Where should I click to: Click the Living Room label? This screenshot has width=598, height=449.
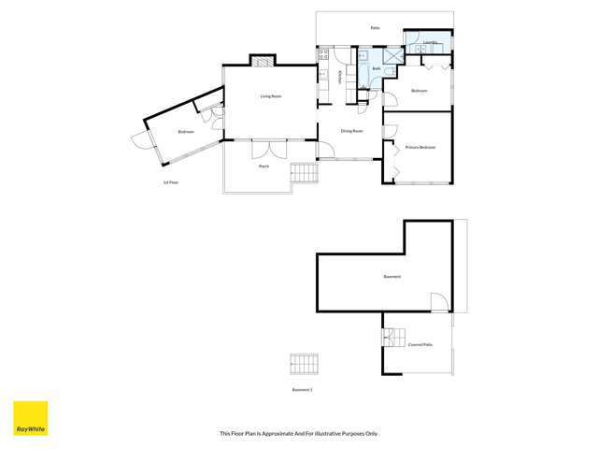[x=271, y=96]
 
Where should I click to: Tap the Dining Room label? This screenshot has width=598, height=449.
[x=351, y=131]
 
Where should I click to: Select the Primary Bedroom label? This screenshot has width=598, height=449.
[x=420, y=147]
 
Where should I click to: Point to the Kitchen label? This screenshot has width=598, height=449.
[x=339, y=78]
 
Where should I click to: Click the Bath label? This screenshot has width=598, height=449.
[x=376, y=68]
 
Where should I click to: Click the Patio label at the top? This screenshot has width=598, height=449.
[x=375, y=28]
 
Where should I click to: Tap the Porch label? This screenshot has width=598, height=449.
[x=264, y=166]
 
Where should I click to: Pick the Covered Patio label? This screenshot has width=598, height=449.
[x=420, y=344]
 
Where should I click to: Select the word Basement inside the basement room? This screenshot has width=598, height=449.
[x=392, y=277]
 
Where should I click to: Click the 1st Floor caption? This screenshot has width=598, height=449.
[x=171, y=182]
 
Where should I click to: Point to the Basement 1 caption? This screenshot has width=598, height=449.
[x=302, y=389]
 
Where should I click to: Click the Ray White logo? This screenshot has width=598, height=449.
[x=30, y=418]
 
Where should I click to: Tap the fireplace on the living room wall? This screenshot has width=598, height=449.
[x=263, y=61]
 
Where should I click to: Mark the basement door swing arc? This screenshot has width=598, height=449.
[x=437, y=301]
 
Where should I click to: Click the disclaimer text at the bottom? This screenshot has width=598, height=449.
[x=299, y=433]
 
